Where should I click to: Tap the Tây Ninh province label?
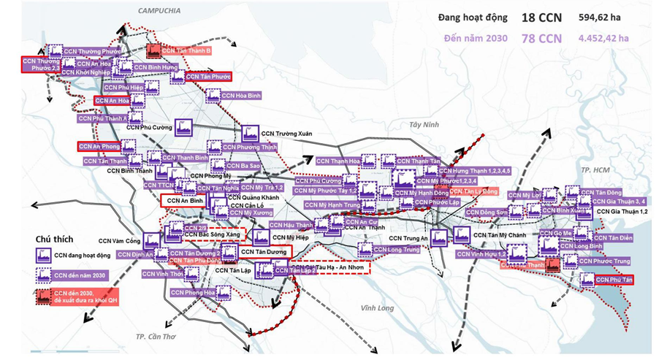click(425, 125)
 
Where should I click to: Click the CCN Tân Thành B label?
click(186, 51)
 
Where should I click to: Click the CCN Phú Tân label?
click(614, 279)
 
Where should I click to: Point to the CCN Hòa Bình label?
click(241, 96)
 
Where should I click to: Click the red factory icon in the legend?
click(42, 296)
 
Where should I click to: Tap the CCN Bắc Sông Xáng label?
click(213, 234)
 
